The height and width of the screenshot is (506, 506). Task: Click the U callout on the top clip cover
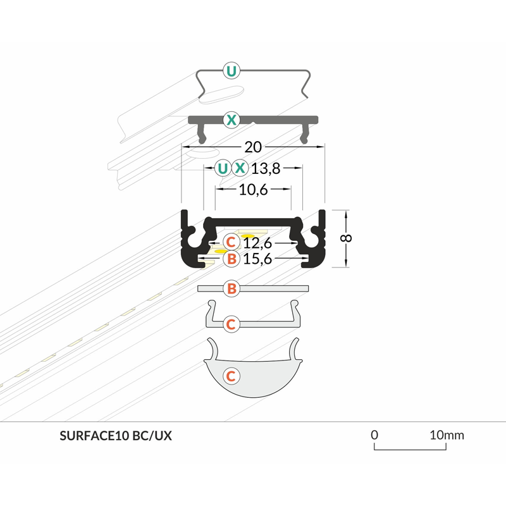click(231, 70)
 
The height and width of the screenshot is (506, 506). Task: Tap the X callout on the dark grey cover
click(231, 120)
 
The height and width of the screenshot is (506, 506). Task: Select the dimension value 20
click(253, 147)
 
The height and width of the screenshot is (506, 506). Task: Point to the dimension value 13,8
click(266, 168)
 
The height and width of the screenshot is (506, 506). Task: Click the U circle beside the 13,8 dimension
click(223, 168)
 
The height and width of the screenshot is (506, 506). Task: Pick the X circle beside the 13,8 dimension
click(240, 168)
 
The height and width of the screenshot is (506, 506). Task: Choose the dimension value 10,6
click(254, 190)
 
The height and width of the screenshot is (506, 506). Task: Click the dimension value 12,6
click(257, 243)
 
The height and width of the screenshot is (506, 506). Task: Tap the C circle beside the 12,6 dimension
click(231, 242)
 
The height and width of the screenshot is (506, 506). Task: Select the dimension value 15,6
click(257, 259)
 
